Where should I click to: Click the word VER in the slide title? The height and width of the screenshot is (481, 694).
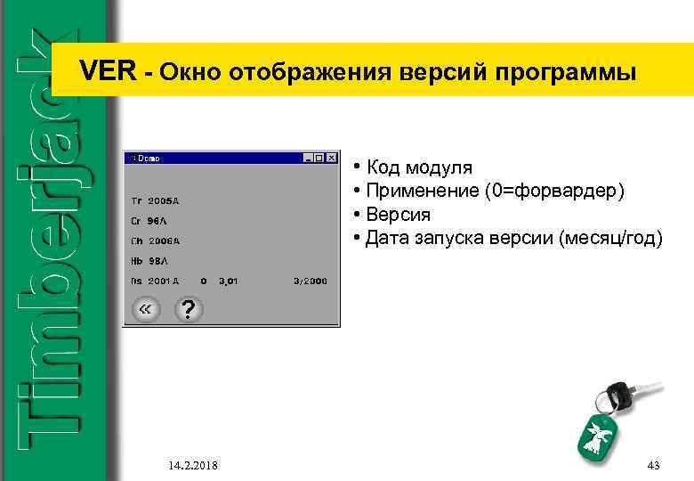pyautogui.click(x=109, y=72)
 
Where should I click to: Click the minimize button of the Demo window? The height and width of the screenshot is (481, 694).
pyautogui.click(x=308, y=158)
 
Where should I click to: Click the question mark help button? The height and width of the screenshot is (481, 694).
pyautogui.click(x=187, y=310)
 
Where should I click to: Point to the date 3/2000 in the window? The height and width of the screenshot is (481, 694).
pyautogui.click(x=311, y=281)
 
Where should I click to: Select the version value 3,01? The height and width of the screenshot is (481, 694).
pyautogui.click(x=230, y=281)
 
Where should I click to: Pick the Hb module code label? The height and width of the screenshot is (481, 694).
pyautogui.click(x=136, y=260)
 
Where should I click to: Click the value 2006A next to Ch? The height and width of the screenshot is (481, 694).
pyautogui.click(x=164, y=240)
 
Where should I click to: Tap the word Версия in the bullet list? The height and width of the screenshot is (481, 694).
pyautogui.click(x=398, y=215)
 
